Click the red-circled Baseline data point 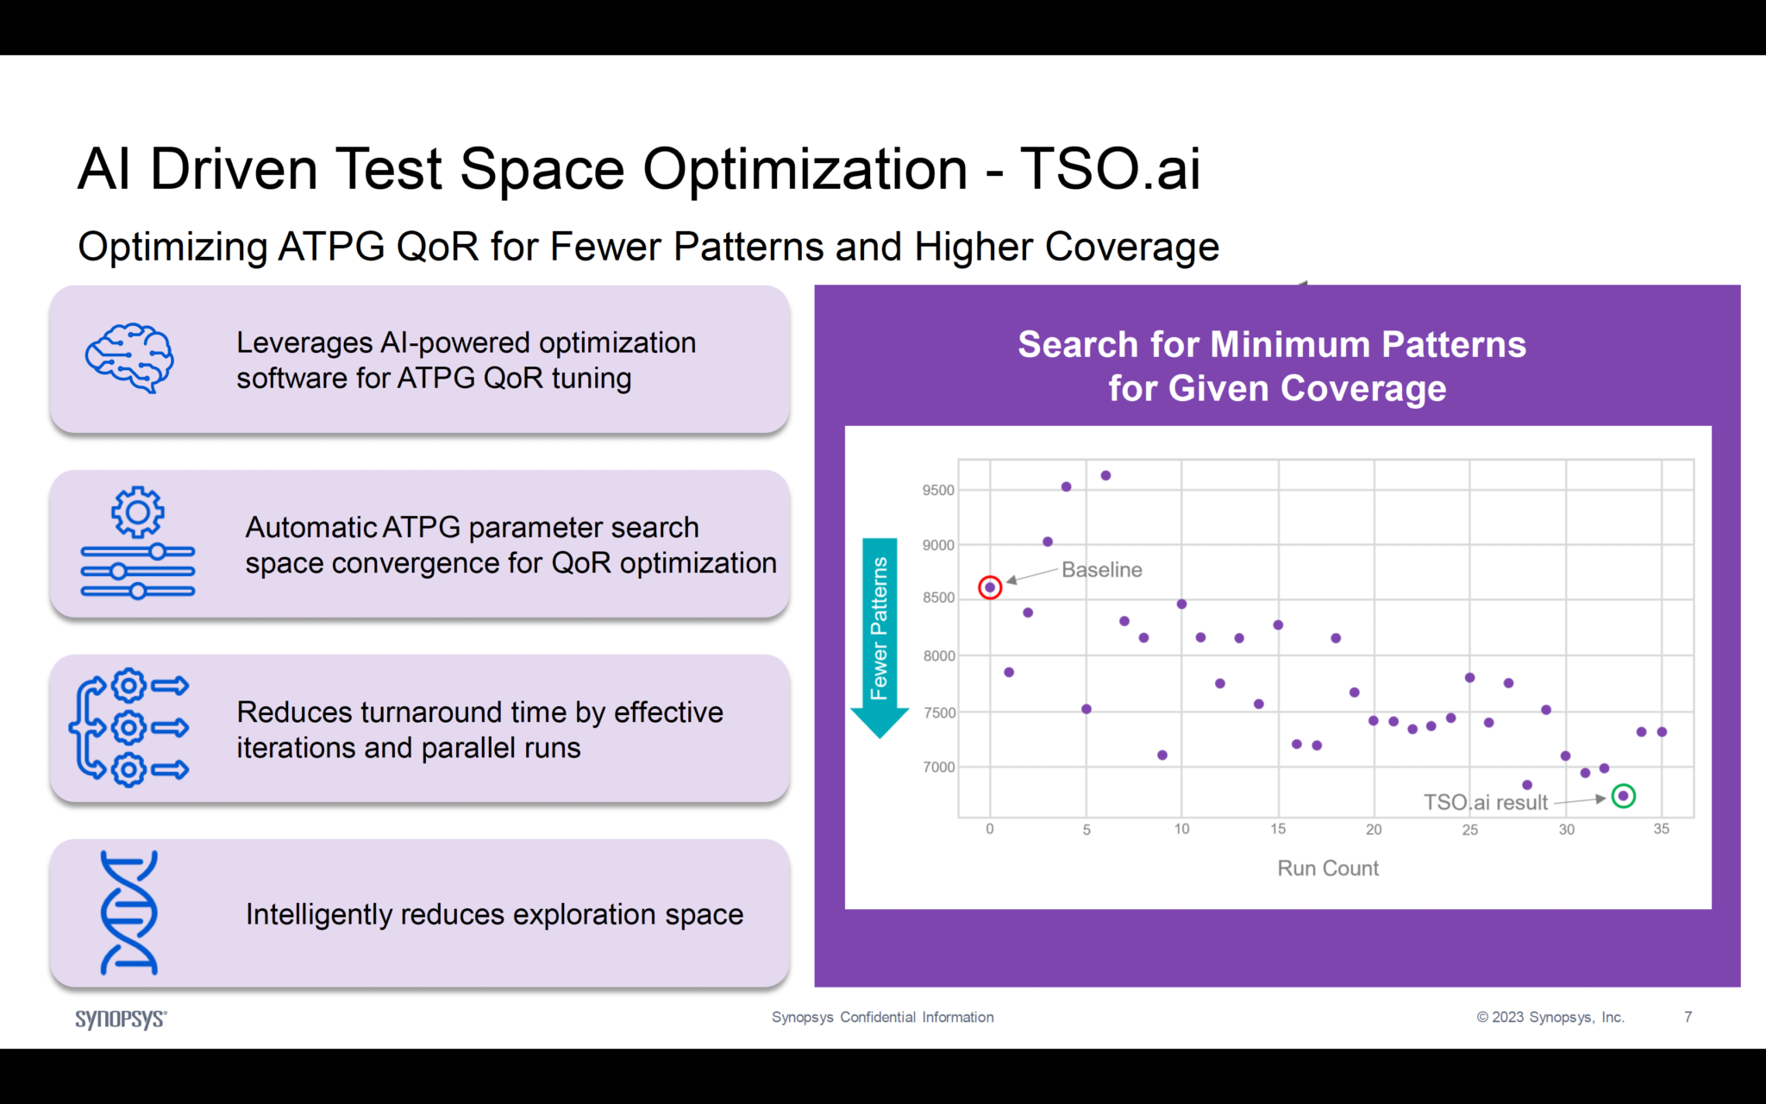pyautogui.click(x=990, y=587)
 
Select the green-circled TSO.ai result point pyautogui.click(x=1623, y=795)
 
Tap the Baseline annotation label pyautogui.click(x=1101, y=569)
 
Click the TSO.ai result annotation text pyautogui.click(x=1485, y=802)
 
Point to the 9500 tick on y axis pyautogui.click(x=938, y=490)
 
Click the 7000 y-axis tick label pyautogui.click(x=938, y=767)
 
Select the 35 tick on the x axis pyautogui.click(x=1661, y=829)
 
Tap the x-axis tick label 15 pyautogui.click(x=1278, y=829)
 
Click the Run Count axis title pyautogui.click(x=1327, y=868)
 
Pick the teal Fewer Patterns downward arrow pyautogui.click(x=880, y=638)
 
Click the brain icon pyautogui.click(x=129, y=358)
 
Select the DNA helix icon pyautogui.click(x=129, y=913)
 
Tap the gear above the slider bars pyautogui.click(x=137, y=512)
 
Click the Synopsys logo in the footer pyautogui.click(x=121, y=1019)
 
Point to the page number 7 pyautogui.click(x=1688, y=1017)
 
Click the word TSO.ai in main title pyautogui.click(x=1110, y=168)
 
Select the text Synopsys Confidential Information pyautogui.click(x=882, y=1017)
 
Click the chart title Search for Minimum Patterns pyautogui.click(x=1272, y=344)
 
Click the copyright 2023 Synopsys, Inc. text pyautogui.click(x=1550, y=1017)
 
